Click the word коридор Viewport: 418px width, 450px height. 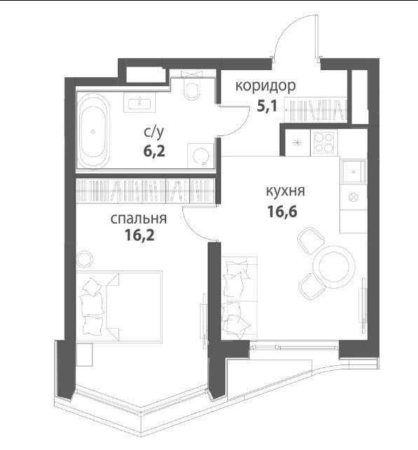click(265, 86)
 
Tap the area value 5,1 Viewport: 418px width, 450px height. click(267, 107)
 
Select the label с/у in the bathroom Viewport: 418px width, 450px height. click(154, 132)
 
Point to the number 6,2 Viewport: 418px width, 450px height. click(154, 151)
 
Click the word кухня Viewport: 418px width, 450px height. click(285, 191)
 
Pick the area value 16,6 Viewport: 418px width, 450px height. click(282, 212)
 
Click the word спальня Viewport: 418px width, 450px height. click(138, 219)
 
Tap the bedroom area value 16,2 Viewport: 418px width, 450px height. click(140, 236)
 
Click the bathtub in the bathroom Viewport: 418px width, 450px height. click(93, 131)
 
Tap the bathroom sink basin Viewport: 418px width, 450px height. click(140, 103)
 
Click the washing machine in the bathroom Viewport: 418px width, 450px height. click(201, 156)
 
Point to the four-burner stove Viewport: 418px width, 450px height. click(324, 142)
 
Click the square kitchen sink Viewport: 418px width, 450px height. click(353, 172)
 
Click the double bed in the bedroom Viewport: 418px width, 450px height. click(119, 306)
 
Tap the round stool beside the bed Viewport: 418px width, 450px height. click(85, 259)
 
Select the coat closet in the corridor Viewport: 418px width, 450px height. click(316, 109)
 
